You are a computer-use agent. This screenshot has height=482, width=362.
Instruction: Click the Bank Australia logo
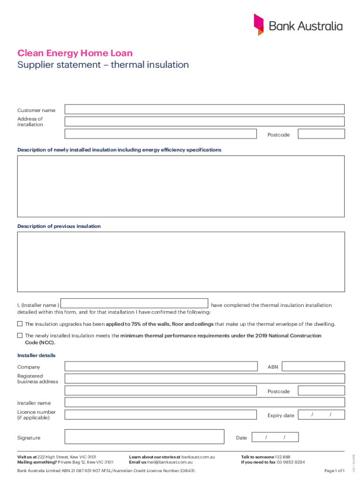tap(298, 25)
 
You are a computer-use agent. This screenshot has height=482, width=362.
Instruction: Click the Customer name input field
tap(205, 110)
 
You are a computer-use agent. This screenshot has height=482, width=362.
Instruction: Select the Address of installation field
tap(205, 121)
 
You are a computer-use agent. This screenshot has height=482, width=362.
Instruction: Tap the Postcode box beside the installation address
tap(321, 135)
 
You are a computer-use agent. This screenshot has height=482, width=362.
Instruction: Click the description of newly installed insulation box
tap(181, 186)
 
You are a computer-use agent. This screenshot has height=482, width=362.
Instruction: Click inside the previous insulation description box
tap(181, 262)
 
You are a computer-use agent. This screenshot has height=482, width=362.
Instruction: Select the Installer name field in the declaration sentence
tap(135, 304)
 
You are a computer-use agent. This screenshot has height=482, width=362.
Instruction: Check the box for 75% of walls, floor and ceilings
tap(20, 324)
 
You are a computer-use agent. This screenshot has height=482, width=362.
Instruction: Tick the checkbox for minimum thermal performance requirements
tap(20, 336)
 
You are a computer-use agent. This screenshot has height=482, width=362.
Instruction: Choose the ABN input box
tap(314, 367)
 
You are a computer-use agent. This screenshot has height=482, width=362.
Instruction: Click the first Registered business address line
tap(205, 378)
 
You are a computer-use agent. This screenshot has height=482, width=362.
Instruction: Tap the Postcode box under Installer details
tap(321, 391)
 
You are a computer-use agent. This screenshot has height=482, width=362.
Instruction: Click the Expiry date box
tap(321, 415)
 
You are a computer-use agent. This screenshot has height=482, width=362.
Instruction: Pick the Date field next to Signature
tap(275, 437)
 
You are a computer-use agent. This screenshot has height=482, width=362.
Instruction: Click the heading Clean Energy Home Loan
tap(75, 53)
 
